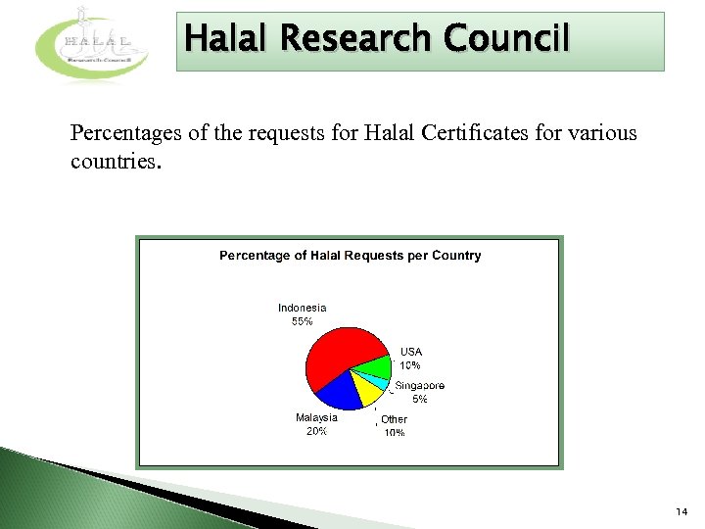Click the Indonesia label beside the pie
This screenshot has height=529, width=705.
pyautogui.click(x=302, y=308)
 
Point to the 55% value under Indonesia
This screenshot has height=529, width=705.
pyautogui.click(x=302, y=321)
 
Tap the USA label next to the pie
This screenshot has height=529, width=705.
pyautogui.click(x=411, y=352)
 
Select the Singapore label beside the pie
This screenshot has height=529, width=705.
pyautogui.click(x=420, y=386)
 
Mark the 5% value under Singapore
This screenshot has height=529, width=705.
pyautogui.click(x=419, y=400)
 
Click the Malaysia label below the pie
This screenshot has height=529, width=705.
pyautogui.click(x=316, y=417)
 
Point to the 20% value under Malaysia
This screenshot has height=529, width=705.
pyautogui.click(x=316, y=431)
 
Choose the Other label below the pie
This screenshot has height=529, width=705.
pyautogui.click(x=394, y=419)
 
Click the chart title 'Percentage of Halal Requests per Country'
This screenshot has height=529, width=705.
pyautogui.click(x=350, y=256)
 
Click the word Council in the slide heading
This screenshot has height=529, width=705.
pyautogui.click(x=505, y=39)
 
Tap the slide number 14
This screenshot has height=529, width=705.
pyautogui.click(x=681, y=512)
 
